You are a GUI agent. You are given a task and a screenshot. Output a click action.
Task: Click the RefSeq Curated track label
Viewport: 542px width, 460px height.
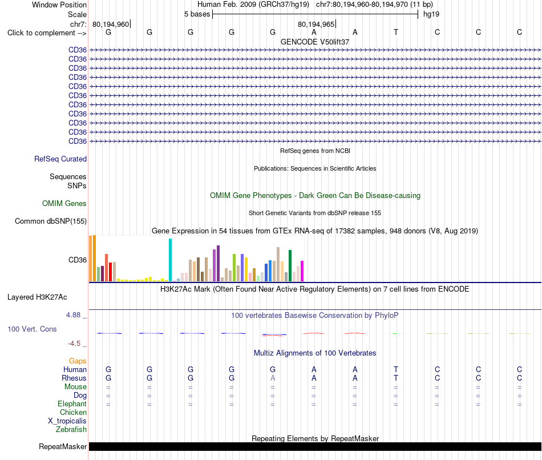click(x=60, y=159)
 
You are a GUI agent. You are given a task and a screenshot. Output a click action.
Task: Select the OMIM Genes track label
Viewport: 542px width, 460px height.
click(x=64, y=203)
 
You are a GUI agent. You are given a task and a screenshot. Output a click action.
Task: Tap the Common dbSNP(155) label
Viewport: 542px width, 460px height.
click(x=51, y=221)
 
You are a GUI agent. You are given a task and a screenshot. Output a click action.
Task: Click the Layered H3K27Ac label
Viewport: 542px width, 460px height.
click(x=37, y=297)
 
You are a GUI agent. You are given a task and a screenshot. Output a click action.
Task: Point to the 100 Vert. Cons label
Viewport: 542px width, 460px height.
click(x=32, y=329)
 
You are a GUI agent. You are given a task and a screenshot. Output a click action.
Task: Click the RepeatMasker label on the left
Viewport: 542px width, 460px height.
click(x=63, y=446)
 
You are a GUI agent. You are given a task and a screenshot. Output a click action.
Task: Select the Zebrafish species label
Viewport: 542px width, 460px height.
click(x=71, y=430)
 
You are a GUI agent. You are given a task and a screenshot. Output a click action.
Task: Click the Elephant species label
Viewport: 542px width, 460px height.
click(x=72, y=404)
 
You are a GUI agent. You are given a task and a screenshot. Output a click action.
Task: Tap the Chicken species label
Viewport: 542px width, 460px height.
click(x=73, y=412)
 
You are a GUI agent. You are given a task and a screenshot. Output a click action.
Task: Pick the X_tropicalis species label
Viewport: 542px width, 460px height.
click(x=67, y=421)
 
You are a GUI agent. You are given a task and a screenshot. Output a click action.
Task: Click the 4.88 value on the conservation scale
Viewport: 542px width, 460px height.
click(x=73, y=315)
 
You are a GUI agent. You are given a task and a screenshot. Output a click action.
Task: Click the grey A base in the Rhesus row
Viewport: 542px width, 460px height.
click(x=273, y=378)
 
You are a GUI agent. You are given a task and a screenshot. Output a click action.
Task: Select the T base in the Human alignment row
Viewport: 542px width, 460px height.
click(x=396, y=369)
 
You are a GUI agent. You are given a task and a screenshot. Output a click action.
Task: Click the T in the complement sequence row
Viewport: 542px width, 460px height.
click(x=396, y=32)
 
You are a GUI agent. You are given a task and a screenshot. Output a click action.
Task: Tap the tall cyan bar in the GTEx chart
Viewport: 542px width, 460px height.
click(x=170, y=260)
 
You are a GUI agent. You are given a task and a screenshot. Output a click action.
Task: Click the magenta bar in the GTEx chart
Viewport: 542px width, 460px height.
click(x=302, y=271)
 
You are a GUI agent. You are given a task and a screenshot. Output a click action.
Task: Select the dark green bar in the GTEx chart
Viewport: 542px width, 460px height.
click(x=290, y=265)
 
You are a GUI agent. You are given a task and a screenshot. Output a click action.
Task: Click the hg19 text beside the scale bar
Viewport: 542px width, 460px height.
click(x=431, y=14)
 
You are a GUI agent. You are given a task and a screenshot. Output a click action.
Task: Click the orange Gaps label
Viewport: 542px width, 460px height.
click(x=78, y=361)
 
